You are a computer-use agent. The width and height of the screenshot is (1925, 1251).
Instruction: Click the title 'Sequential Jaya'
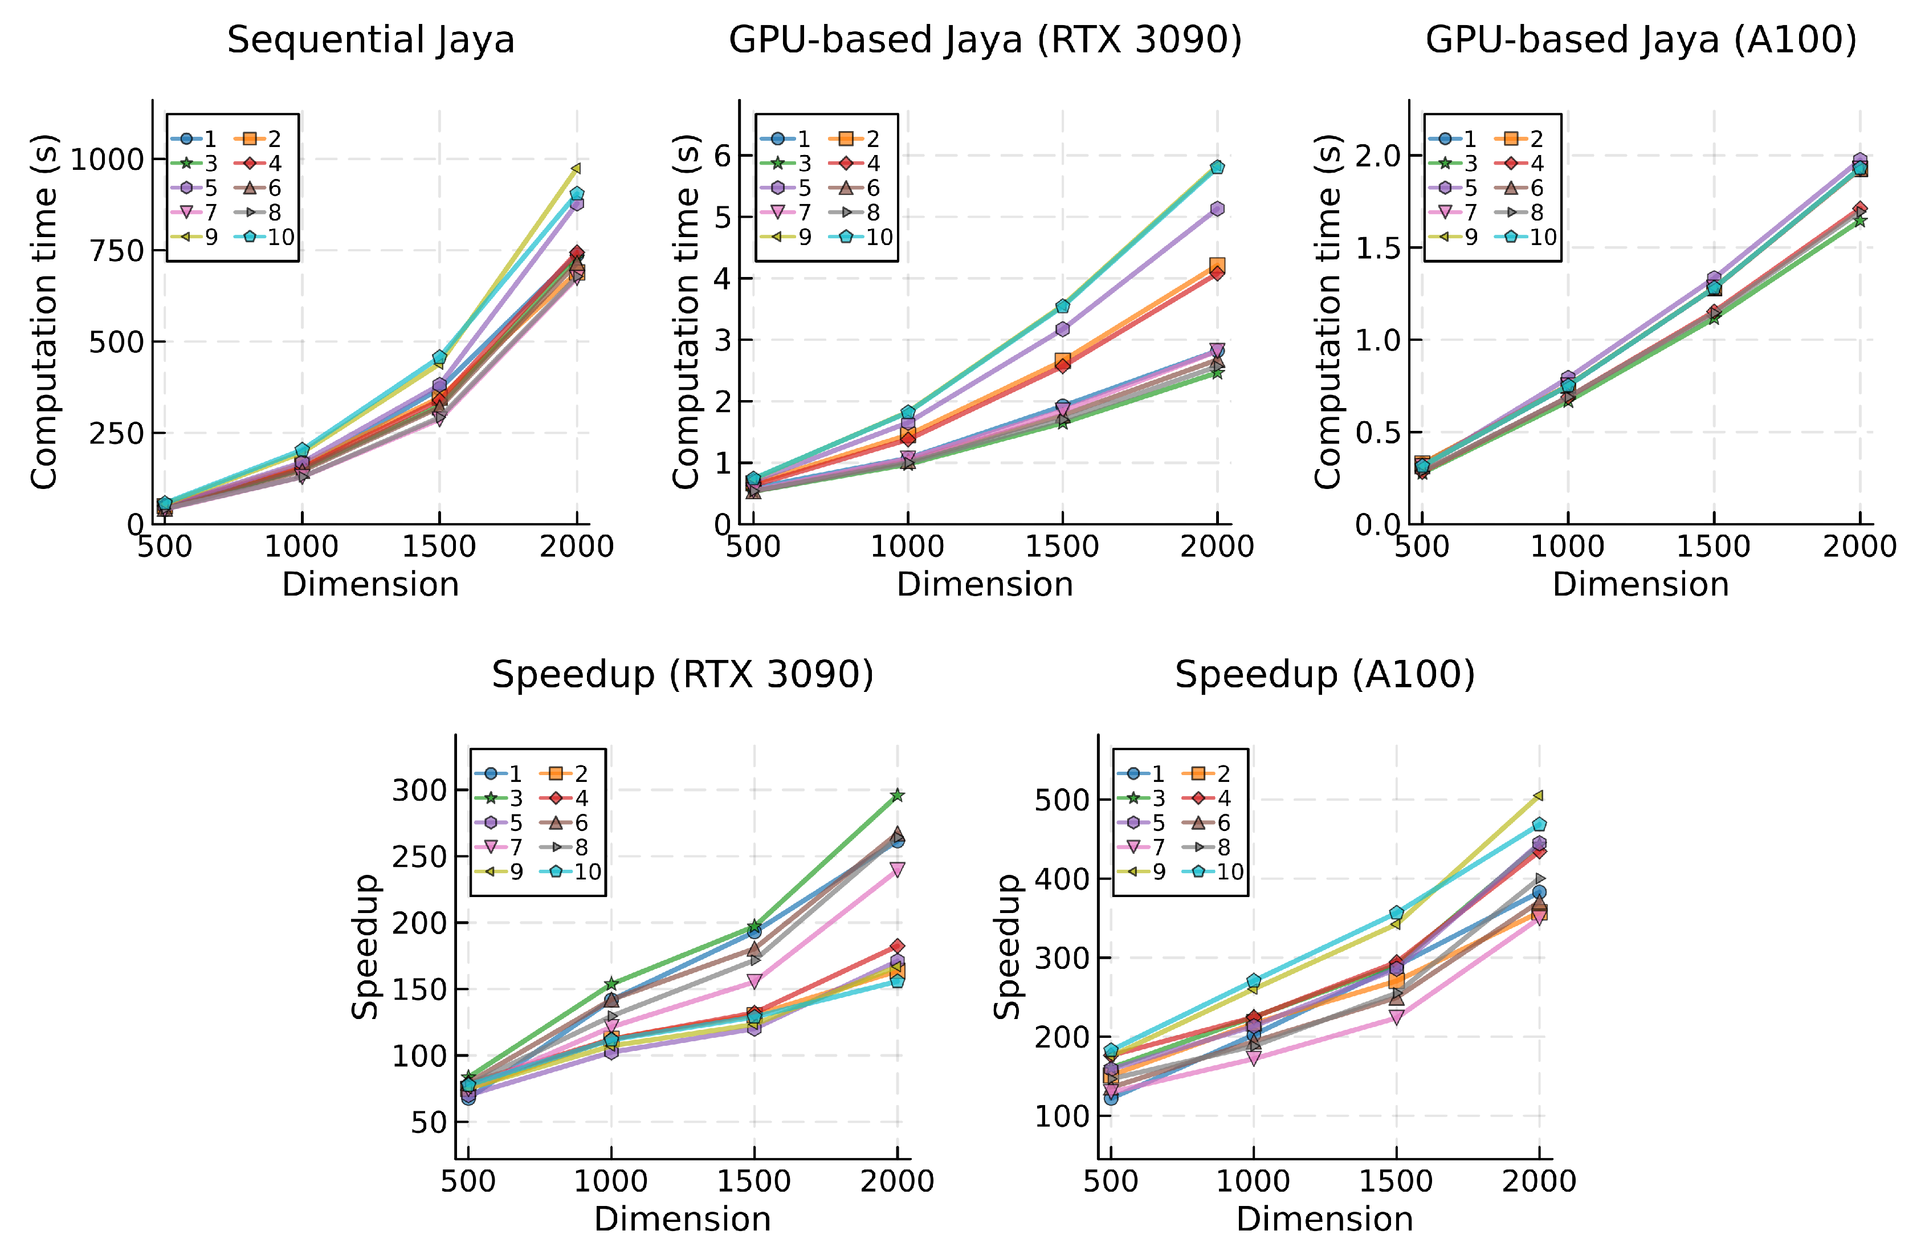click(370, 40)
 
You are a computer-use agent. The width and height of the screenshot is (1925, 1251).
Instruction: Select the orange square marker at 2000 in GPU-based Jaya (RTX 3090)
click(1217, 265)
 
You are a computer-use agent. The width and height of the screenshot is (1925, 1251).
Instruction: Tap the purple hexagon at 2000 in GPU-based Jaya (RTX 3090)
click(1217, 209)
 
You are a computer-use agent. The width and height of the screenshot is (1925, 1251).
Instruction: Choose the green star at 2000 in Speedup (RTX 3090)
click(897, 796)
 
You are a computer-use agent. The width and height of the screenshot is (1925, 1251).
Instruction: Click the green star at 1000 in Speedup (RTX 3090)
click(611, 983)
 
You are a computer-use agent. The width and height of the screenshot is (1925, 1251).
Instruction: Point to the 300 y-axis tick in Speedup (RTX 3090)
click(419, 790)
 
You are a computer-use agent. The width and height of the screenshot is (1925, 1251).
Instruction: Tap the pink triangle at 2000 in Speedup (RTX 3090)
click(897, 869)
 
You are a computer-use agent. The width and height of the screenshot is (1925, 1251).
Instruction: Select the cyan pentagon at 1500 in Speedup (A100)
click(1396, 913)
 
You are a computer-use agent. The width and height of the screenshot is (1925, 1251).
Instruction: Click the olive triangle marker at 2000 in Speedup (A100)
click(1539, 796)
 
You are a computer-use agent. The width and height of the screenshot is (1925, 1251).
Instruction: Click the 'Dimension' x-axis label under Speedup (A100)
click(1325, 1219)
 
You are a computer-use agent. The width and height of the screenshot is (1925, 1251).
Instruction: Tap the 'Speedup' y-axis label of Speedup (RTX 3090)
click(366, 946)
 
